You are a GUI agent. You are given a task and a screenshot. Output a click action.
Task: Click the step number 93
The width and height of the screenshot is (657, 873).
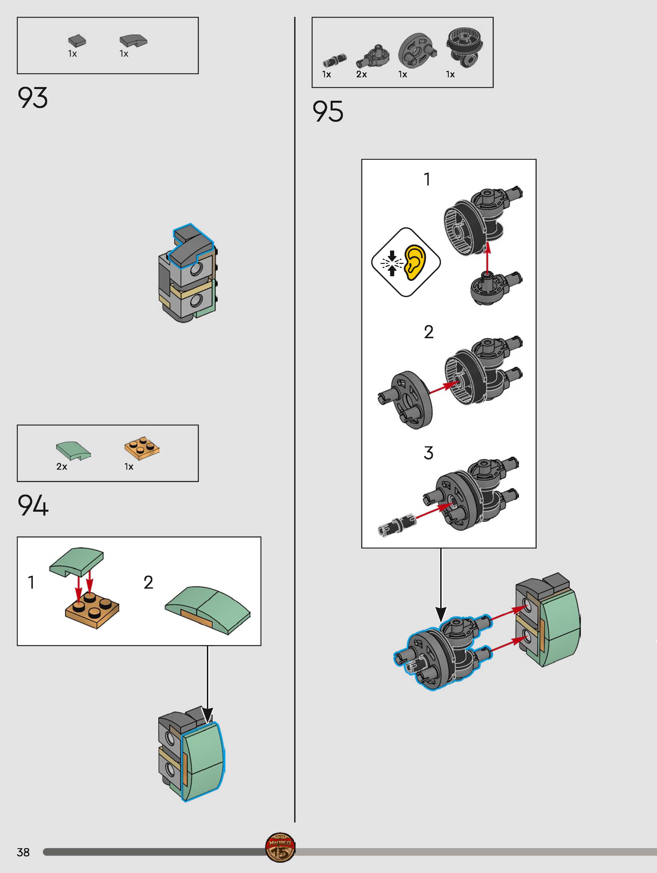click(33, 98)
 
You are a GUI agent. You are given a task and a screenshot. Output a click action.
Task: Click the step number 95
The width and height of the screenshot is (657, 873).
click(328, 111)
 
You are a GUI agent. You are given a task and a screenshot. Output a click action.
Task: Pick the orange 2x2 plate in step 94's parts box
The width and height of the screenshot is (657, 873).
click(142, 448)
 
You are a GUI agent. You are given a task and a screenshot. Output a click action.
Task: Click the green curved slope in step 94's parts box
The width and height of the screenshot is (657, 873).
click(73, 451)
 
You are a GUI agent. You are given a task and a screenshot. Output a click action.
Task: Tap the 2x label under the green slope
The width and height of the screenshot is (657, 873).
click(62, 467)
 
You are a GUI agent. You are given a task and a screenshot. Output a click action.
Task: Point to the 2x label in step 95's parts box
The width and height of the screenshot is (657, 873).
click(361, 74)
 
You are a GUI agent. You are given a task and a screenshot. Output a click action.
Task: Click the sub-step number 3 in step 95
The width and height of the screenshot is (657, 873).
click(428, 453)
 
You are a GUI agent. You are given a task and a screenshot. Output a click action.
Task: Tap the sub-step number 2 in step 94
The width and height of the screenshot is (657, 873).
click(148, 582)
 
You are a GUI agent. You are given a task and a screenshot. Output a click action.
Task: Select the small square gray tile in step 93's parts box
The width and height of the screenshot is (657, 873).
click(77, 41)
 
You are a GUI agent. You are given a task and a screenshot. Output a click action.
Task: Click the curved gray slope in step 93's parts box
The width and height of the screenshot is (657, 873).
click(134, 40)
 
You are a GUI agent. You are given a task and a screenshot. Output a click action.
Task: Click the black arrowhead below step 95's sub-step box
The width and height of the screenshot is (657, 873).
click(441, 614)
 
